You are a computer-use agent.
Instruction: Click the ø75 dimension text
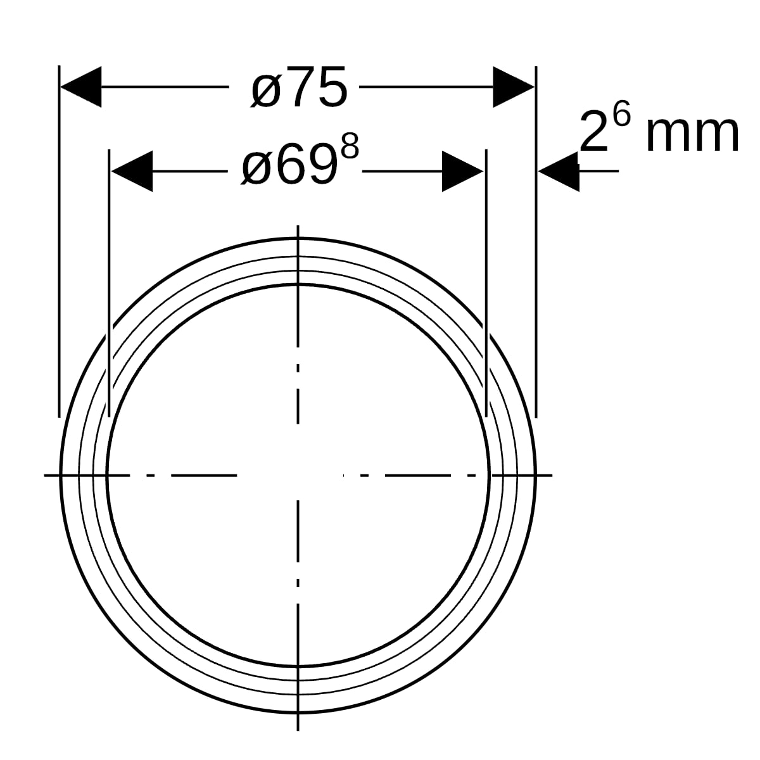coord(300,87)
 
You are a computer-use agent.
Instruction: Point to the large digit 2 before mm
coord(594,132)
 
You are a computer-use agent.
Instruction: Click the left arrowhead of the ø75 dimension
coord(81,87)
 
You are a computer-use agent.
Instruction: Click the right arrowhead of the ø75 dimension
coord(514,87)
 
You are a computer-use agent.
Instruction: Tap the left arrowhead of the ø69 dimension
coord(132,171)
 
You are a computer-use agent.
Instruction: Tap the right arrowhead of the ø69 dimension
coord(462,171)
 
